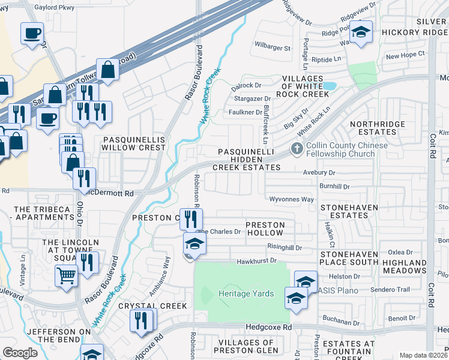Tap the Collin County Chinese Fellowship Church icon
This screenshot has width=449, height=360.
point(296,149)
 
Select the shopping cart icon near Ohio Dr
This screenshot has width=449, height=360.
point(66,275)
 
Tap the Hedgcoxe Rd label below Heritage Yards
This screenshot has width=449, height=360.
point(268,328)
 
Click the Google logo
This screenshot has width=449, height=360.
point(20,353)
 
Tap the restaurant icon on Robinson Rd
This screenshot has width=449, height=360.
point(191,218)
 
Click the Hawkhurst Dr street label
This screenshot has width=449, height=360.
point(256,260)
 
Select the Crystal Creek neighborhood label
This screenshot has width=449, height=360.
point(152,305)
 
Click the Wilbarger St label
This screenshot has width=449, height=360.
point(272,47)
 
